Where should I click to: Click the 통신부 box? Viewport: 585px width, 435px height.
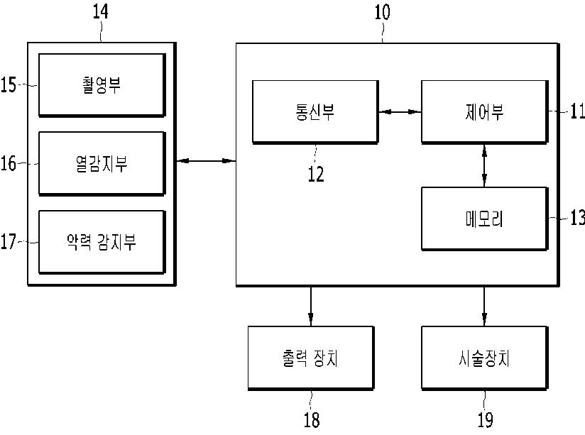point(315,112)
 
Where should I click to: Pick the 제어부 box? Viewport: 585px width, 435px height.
point(484,112)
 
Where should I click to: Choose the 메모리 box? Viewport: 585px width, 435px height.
point(484,219)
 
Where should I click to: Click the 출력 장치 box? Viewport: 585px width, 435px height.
point(310,358)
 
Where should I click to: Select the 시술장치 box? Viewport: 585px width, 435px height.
point(484,358)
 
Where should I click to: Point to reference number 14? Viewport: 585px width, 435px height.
point(101,12)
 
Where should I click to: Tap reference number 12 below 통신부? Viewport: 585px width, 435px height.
point(315,174)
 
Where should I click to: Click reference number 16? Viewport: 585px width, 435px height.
point(9,163)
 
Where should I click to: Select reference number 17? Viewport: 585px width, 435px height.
point(9,242)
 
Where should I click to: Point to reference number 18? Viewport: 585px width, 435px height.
point(311,420)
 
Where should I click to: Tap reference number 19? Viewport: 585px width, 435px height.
point(484,420)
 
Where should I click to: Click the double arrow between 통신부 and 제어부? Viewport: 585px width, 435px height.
point(400,112)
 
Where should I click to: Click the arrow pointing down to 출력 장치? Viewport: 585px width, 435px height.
point(310,305)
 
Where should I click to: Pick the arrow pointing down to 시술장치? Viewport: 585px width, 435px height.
point(484,305)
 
